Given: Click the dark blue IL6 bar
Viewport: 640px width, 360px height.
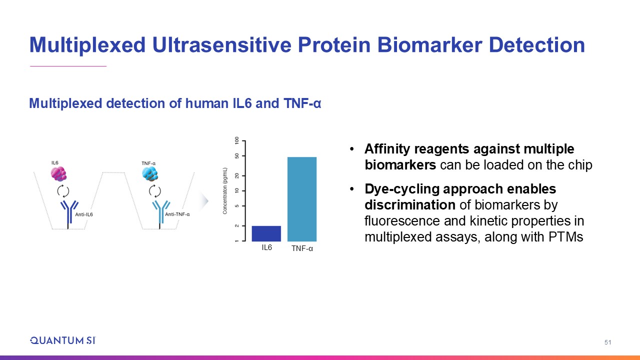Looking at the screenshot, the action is click(x=266, y=233).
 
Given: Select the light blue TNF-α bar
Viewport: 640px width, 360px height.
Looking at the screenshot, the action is click(x=302, y=199).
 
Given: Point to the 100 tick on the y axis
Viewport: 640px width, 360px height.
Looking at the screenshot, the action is click(x=237, y=140).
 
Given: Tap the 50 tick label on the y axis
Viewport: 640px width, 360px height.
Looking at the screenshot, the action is click(x=237, y=156).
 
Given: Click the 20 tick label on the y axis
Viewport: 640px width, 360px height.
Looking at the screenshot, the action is click(x=237, y=175).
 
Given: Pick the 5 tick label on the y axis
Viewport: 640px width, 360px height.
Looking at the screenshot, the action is click(x=237, y=205).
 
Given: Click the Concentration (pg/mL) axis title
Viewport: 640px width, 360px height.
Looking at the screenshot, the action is click(x=225, y=191).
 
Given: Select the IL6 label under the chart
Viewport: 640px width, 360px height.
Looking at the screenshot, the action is click(x=267, y=247).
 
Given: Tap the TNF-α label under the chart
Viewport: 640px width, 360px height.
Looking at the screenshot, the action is click(x=302, y=248).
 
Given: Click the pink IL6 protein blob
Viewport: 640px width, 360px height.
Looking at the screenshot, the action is click(x=58, y=173).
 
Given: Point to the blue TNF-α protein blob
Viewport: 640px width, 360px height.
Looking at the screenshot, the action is click(x=150, y=173).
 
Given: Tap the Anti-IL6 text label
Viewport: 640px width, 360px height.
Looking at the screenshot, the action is click(x=84, y=214).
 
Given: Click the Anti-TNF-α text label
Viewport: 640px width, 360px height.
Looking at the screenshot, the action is click(x=177, y=214).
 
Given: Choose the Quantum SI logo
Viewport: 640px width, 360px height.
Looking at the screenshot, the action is click(x=63, y=340).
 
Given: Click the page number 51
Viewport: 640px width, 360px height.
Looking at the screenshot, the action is click(x=607, y=342).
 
